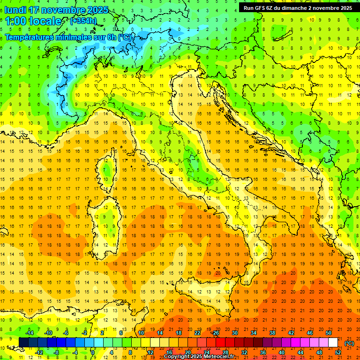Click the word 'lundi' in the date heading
click(x=15, y=10)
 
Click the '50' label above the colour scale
click(x=328, y=333)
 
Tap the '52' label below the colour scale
click(x=338, y=352)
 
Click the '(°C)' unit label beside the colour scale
click(x=349, y=343)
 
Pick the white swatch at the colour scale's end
click(x=333, y=343)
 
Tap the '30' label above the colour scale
click(x=234, y=333)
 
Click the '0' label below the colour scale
click(x=93, y=352)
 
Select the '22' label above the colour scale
click(x=197, y=333)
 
